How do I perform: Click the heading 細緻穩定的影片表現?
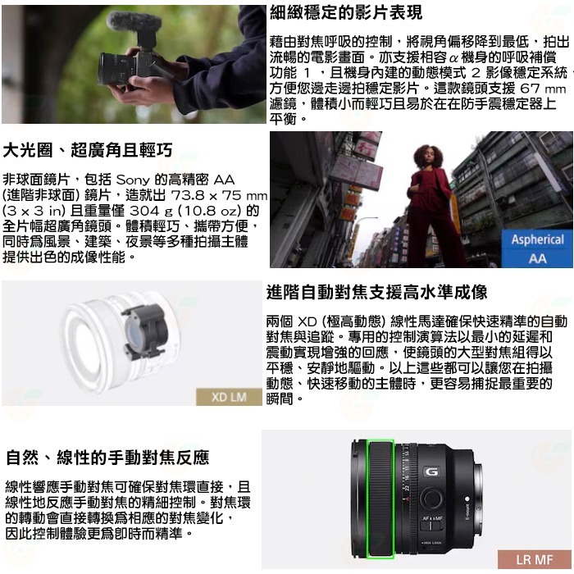tap(346, 12)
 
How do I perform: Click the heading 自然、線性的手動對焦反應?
tap(107, 457)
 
